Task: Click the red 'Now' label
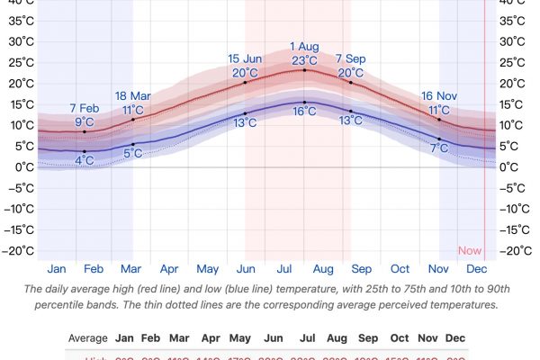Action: tap(470, 251)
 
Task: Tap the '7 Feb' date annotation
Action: tap(85, 109)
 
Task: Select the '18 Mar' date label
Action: tap(133, 96)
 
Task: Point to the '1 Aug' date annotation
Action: tap(304, 47)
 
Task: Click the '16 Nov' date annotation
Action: tap(439, 96)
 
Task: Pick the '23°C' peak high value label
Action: tap(304, 60)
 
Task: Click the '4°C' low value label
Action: tap(85, 160)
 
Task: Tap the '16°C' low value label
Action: tap(304, 112)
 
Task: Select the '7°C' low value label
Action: tap(439, 148)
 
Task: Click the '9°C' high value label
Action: tap(85, 122)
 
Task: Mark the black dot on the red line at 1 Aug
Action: tap(304, 70)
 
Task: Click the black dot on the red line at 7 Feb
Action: tap(85, 131)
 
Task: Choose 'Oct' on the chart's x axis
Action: tap(400, 268)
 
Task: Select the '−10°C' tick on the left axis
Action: tap(19, 209)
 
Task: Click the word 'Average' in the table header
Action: tap(87, 337)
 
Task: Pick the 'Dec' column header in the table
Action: tap(455, 337)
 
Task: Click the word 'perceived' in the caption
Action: tap(421, 305)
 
